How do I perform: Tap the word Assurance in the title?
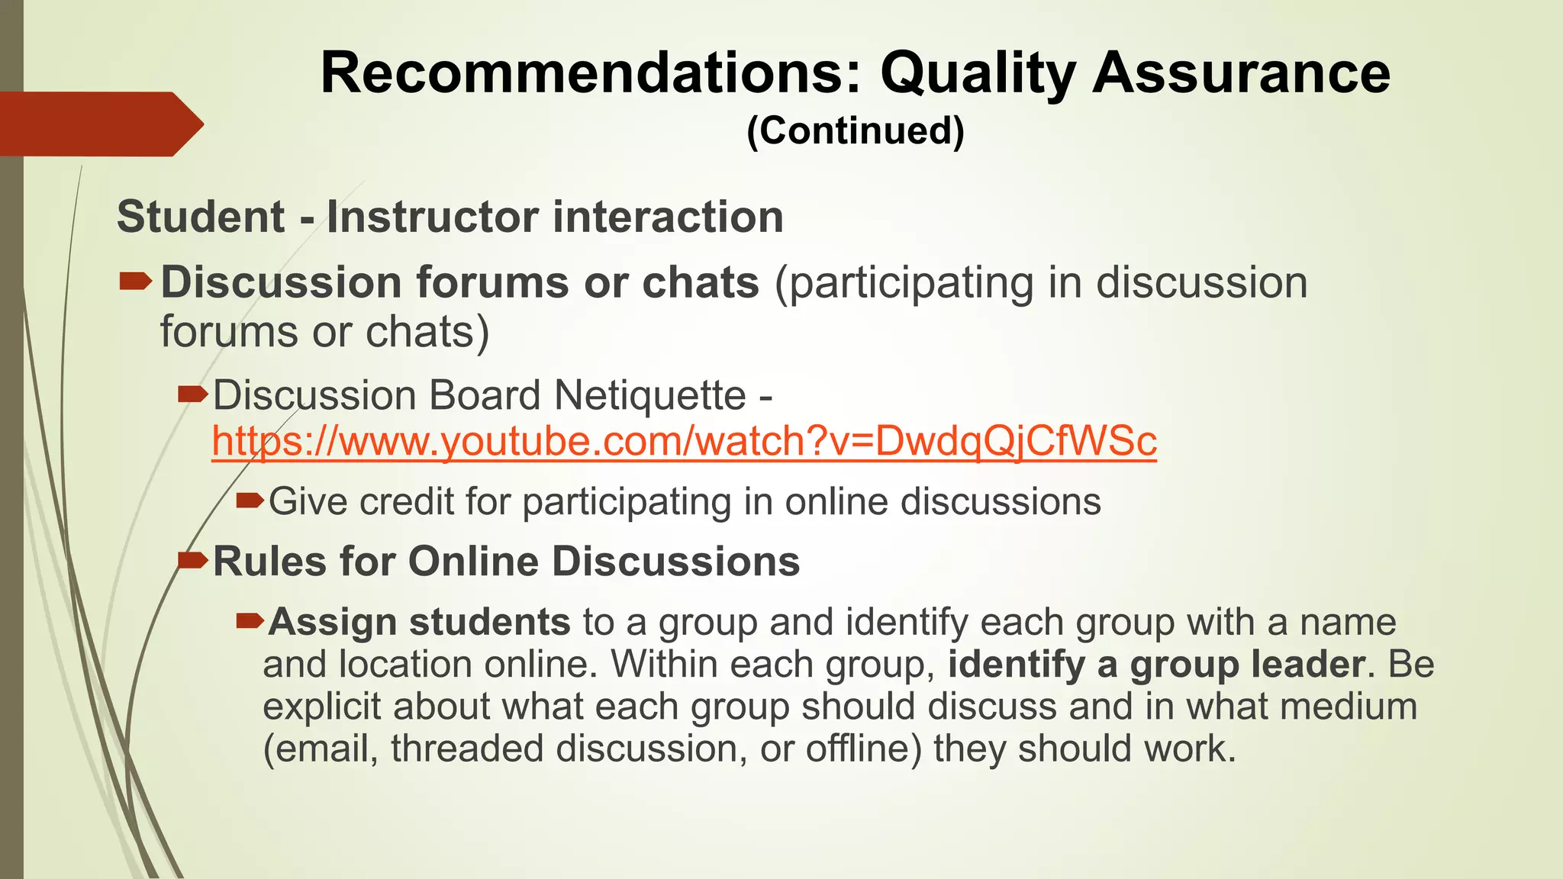(x=1241, y=73)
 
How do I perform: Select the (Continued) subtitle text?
(x=856, y=130)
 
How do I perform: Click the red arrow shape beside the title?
(x=99, y=124)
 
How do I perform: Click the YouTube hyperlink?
(x=684, y=441)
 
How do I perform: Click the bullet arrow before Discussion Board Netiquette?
(x=192, y=394)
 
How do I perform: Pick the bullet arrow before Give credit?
(x=250, y=501)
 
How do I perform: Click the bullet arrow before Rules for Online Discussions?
(x=192, y=562)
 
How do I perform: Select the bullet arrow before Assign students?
(x=250, y=621)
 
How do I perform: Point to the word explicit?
(x=321, y=706)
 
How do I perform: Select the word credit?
(x=407, y=502)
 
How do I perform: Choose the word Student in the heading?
(x=200, y=217)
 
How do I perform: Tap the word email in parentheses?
(x=321, y=748)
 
